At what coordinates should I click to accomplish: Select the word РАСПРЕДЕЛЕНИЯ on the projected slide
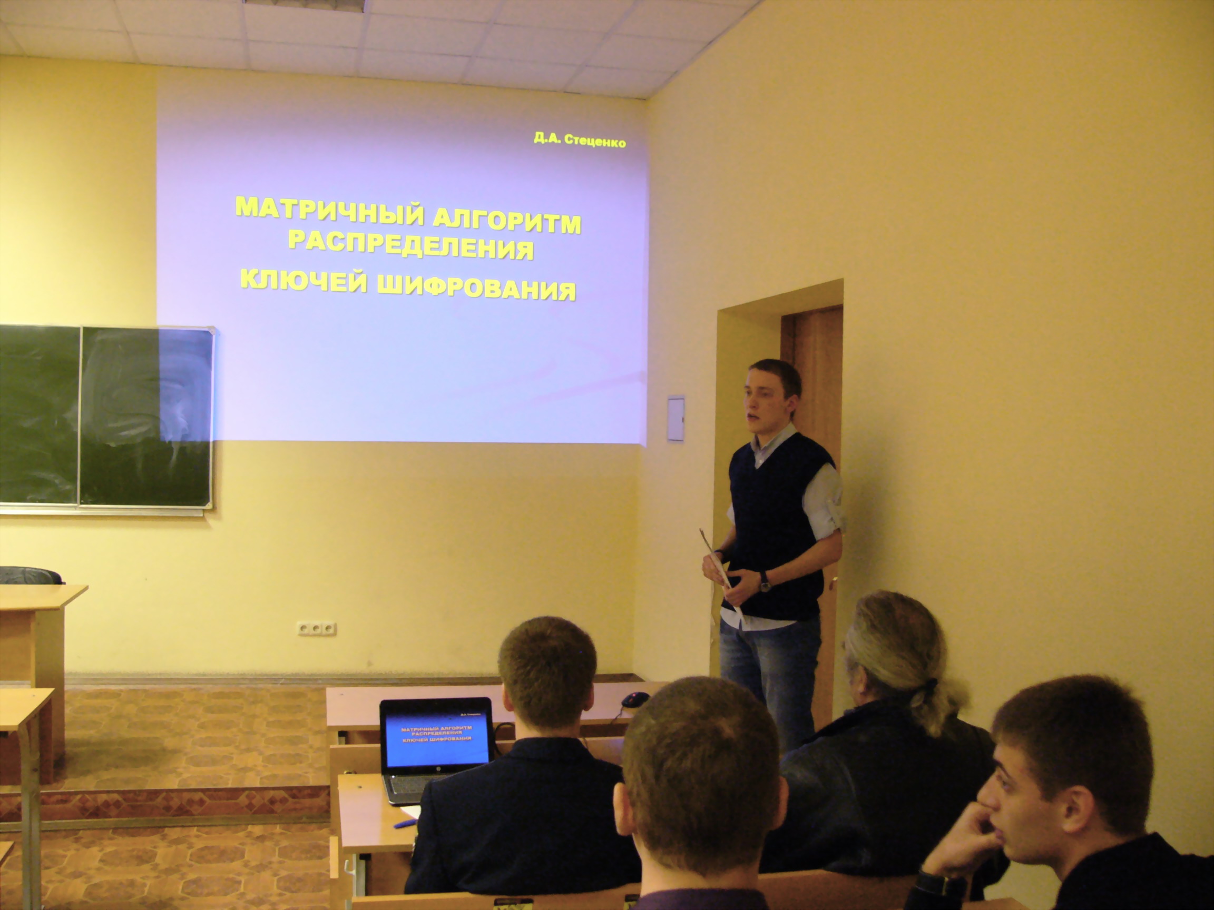tap(410, 245)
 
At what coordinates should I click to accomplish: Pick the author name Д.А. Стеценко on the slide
tap(580, 140)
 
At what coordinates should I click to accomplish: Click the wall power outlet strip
tap(317, 628)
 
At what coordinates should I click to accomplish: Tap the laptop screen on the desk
tap(437, 734)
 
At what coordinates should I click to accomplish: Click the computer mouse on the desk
tap(635, 700)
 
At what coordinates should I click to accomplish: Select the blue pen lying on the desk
tap(405, 823)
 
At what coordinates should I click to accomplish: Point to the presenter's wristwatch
tap(764, 581)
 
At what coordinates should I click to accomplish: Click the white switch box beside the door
tap(675, 418)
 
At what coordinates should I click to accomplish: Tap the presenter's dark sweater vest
tap(775, 527)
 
